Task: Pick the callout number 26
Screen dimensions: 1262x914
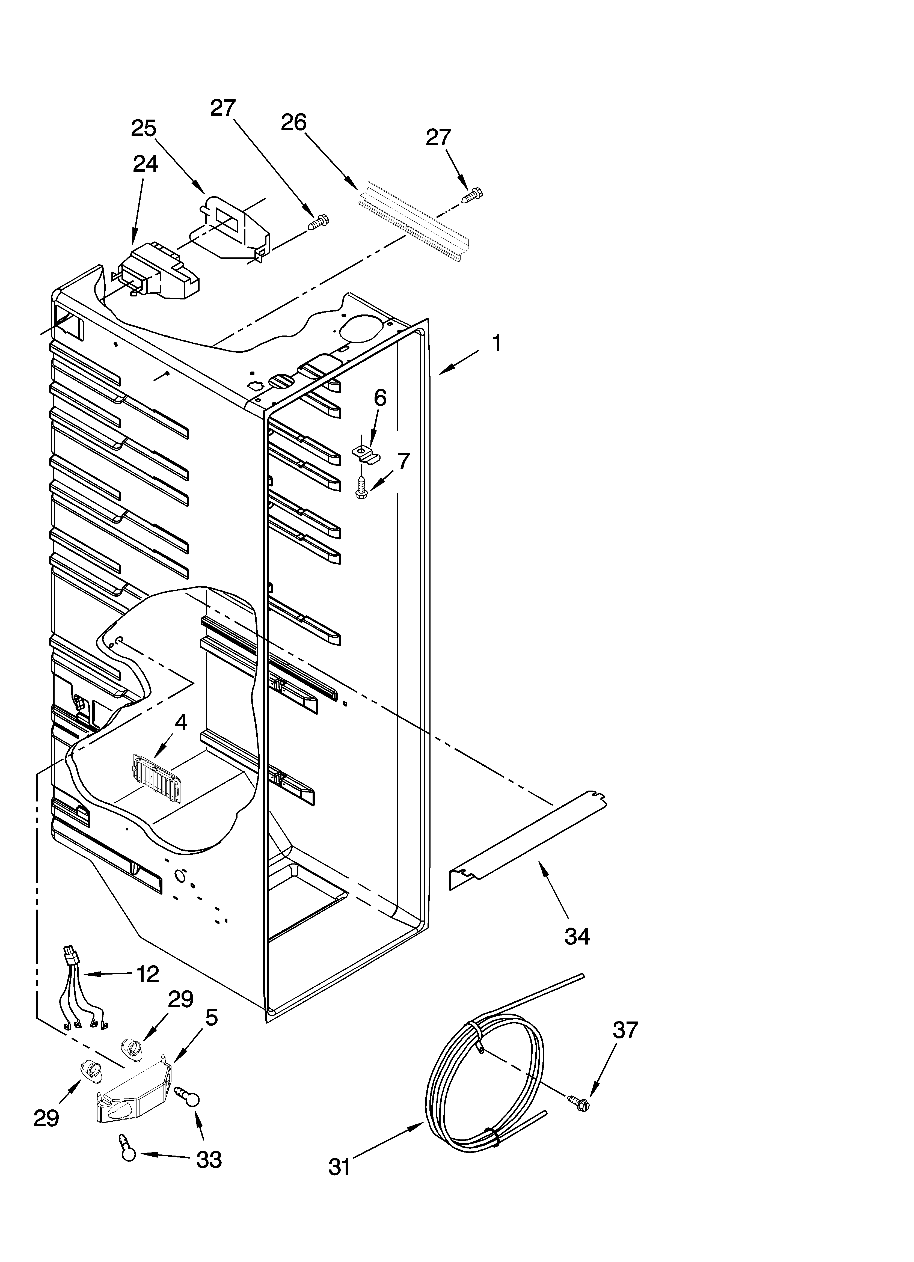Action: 293,122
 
